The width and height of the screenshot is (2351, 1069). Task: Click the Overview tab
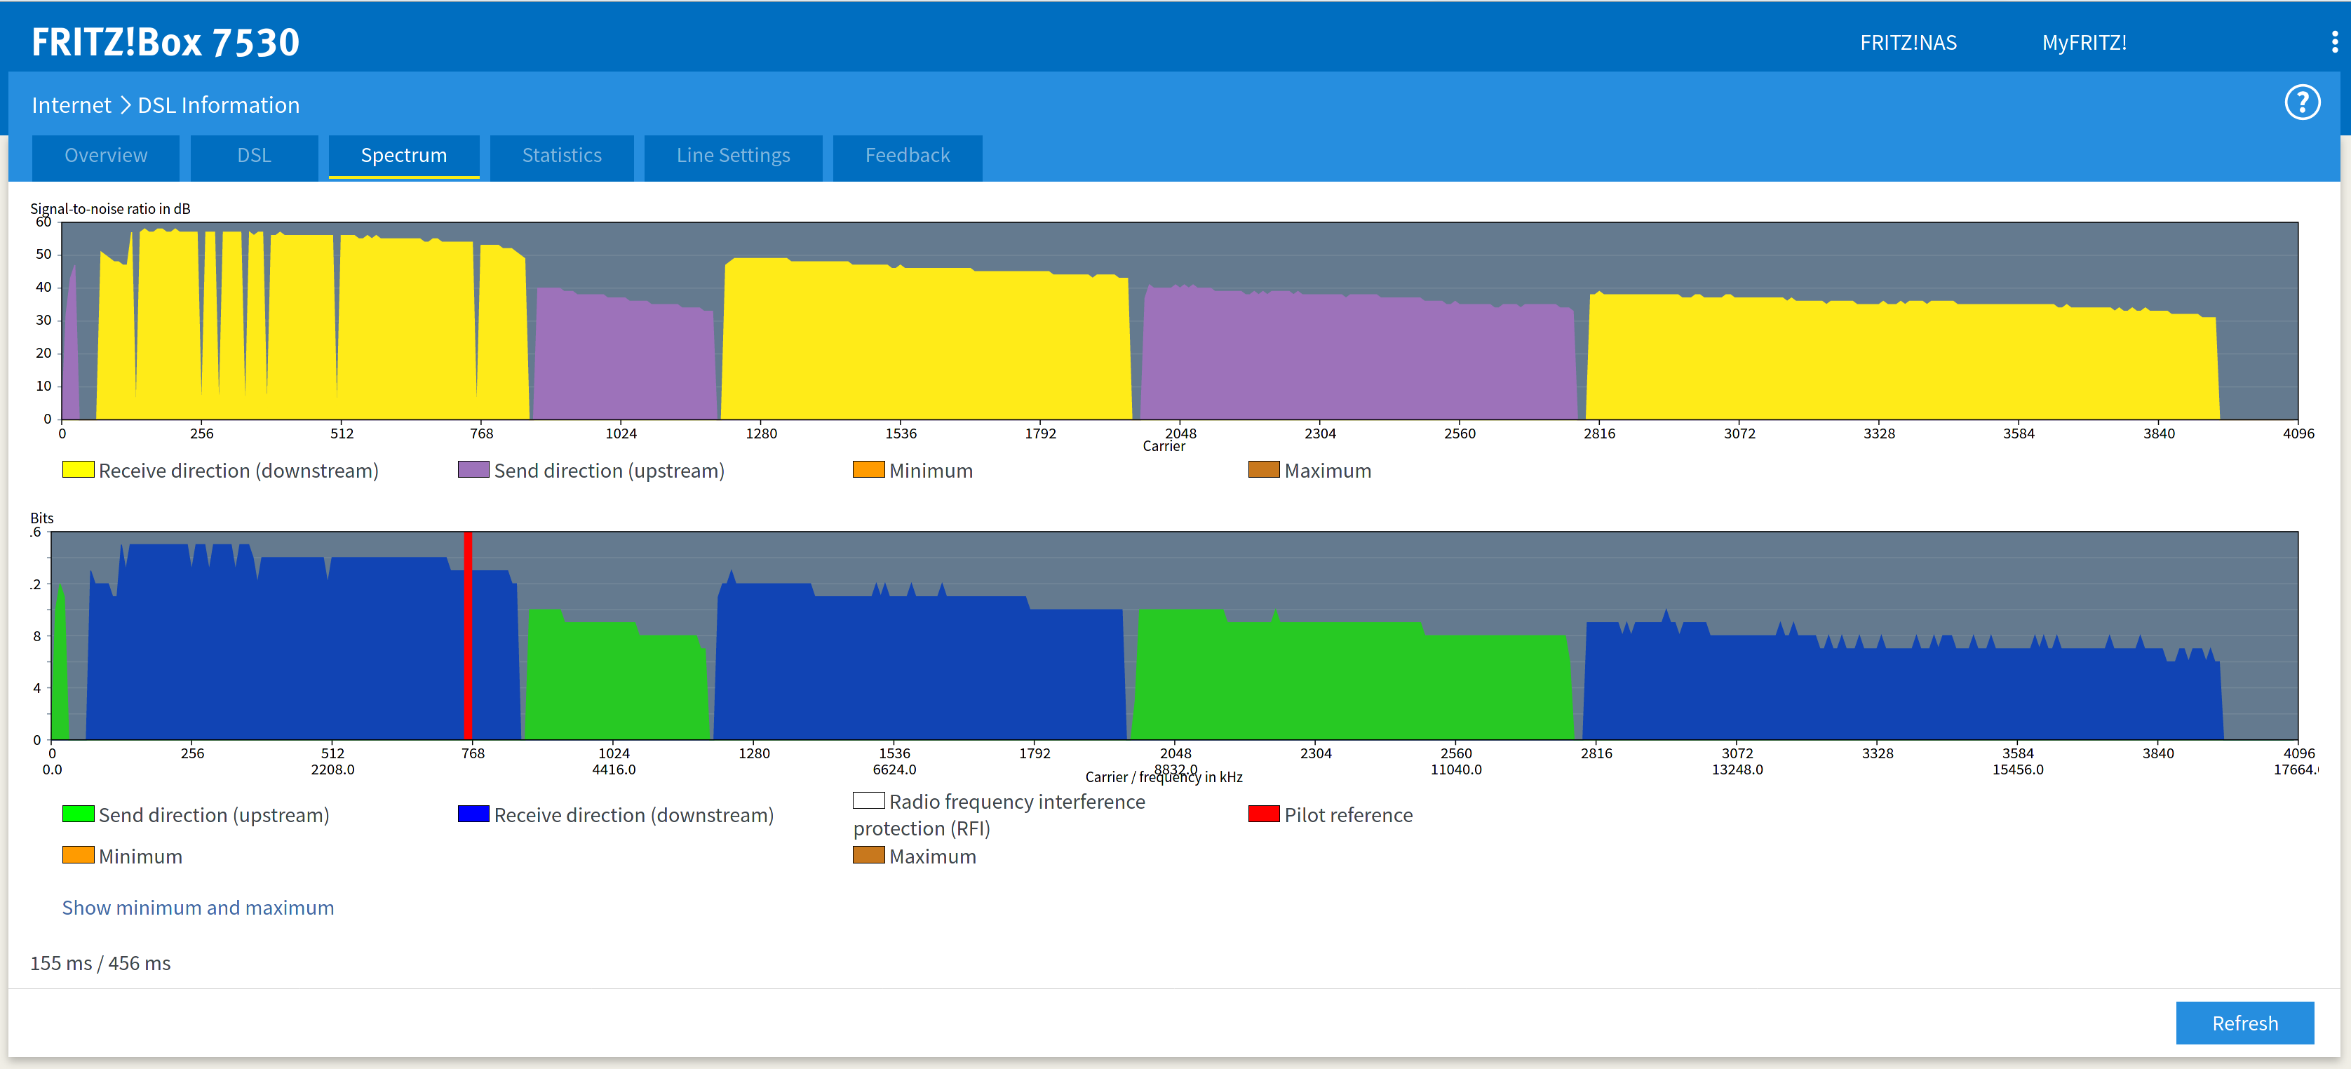[x=106, y=156]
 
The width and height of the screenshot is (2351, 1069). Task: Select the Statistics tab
[x=561, y=156]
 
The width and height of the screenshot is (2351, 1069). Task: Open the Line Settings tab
[x=733, y=156]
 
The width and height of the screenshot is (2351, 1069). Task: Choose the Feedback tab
[x=907, y=156]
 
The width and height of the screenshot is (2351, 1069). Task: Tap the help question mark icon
[x=2302, y=103]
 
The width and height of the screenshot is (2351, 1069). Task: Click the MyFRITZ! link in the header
[x=2084, y=43]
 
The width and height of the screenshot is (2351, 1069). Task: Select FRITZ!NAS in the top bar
[x=1908, y=43]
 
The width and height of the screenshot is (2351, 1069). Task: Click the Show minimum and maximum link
[x=198, y=908]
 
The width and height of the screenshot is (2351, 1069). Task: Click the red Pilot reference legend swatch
[x=1263, y=814]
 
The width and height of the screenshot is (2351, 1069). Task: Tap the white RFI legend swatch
[x=868, y=800]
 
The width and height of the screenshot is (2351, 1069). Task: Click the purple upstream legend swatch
[x=473, y=469]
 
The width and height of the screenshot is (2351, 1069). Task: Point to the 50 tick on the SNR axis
[x=43, y=255]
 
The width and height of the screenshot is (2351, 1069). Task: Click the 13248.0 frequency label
[x=1737, y=769]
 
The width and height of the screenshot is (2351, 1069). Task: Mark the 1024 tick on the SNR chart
[x=621, y=433]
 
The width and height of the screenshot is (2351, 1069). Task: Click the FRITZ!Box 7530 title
[x=166, y=42]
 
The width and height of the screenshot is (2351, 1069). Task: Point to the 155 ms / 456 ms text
[x=100, y=963]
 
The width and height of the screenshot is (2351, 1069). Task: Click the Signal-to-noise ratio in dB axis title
[x=110, y=209]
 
